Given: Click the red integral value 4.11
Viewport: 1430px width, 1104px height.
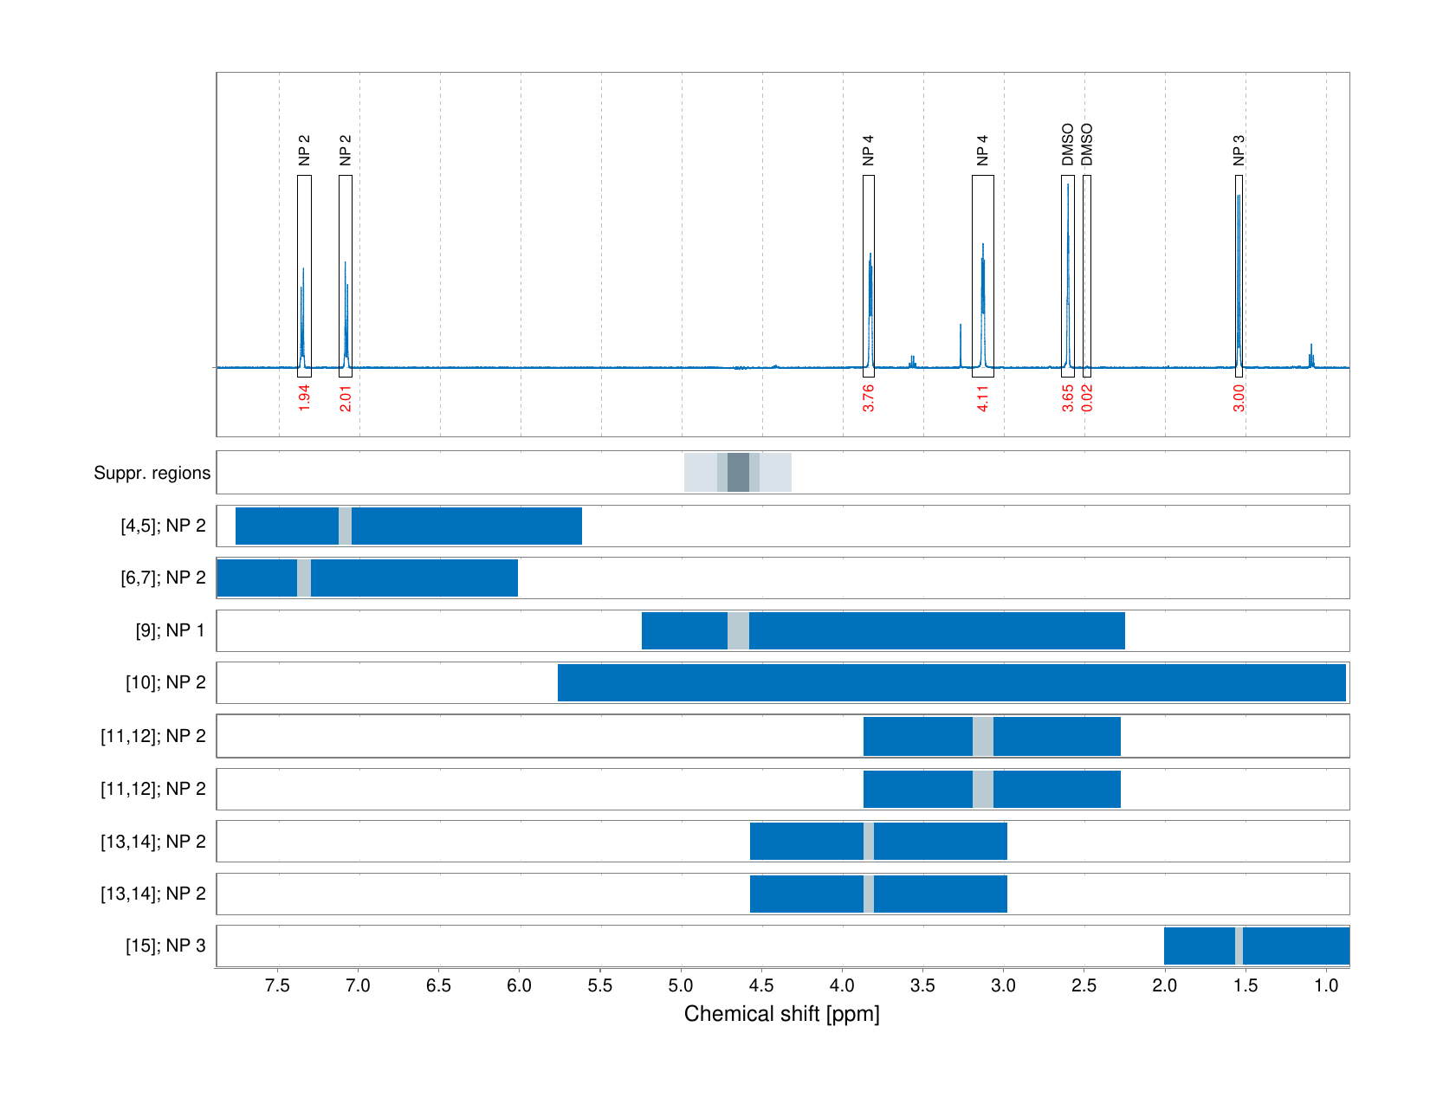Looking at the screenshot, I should (x=983, y=398).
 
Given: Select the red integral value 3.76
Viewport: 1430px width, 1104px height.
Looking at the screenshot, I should (x=869, y=398).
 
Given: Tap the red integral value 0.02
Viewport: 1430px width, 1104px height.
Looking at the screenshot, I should (x=1088, y=398).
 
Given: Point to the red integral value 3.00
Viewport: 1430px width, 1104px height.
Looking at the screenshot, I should (x=1239, y=398).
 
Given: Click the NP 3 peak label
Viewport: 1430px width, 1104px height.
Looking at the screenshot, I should (x=1239, y=150).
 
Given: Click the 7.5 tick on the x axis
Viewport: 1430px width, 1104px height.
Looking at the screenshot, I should (x=278, y=985).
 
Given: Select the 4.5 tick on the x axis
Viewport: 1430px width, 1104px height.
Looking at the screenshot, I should (x=761, y=985).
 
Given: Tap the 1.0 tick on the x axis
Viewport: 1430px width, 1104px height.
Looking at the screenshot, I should (x=1326, y=985).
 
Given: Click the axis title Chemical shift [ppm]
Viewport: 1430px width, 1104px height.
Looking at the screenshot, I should (x=781, y=1014).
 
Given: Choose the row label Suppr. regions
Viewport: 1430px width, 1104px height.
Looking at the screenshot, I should (x=152, y=473).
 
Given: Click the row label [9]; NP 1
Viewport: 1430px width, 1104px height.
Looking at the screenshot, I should (x=171, y=630).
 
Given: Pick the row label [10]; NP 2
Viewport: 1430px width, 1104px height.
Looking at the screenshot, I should (x=165, y=682).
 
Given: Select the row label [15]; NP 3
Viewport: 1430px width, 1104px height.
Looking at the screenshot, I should (x=165, y=946).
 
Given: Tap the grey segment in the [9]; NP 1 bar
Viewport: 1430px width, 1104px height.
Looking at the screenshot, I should (x=738, y=630).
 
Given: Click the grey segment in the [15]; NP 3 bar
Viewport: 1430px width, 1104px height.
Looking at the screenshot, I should (x=1239, y=946).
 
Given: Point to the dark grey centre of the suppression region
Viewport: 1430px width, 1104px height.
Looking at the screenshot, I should (x=738, y=473).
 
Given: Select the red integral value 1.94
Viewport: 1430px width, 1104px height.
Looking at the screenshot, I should (x=304, y=398).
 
